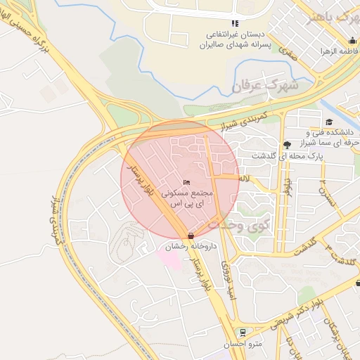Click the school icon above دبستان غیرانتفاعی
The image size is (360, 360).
point(234,23)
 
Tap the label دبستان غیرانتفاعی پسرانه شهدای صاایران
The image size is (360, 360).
point(234,39)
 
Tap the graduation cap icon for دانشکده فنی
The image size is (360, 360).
point(329,122)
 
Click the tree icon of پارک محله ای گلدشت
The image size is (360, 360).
point(286,145)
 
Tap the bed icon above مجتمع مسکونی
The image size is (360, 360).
point(186,183)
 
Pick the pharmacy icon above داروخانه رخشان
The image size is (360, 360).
point(191,236)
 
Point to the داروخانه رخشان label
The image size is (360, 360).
point(189,247)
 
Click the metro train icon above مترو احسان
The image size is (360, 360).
point(243,332)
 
